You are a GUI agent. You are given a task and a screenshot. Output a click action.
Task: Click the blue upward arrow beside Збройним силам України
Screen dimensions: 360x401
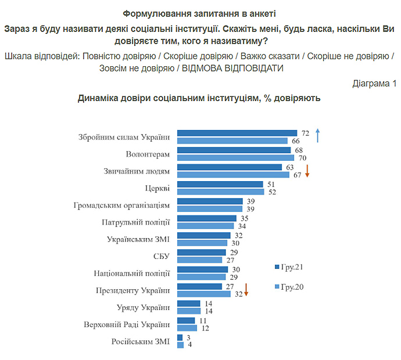coord(317,135)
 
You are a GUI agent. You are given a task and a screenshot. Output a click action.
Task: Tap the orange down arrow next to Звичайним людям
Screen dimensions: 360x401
coord(308,171)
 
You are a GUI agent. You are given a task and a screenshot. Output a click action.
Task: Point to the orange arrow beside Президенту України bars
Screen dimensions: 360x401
coord(246,290)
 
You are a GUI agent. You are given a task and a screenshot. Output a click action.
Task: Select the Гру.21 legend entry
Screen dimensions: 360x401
coord(289,268)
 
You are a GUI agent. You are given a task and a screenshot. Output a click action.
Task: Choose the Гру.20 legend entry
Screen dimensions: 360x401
coord(289,287)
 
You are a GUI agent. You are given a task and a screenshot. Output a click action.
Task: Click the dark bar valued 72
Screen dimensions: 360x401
coord(237,133)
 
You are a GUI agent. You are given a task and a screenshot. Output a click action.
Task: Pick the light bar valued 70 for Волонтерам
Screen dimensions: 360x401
coord(236,158)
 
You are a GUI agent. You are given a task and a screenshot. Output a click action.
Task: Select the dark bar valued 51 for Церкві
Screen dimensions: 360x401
coord(220,185)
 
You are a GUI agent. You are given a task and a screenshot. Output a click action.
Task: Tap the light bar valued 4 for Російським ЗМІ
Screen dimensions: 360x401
coord(180,345)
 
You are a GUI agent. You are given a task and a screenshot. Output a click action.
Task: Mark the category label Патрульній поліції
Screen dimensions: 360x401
coord(135,222)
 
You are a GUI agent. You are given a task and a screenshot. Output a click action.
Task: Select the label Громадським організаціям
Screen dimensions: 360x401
coord(122,205)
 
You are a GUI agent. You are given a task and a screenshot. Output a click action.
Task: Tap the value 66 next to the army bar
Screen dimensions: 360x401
coord(296,141)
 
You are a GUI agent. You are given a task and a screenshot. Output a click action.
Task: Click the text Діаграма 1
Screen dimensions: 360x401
coord(374,84)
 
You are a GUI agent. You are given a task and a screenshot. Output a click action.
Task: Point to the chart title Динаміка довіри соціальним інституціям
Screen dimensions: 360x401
coord(199,99)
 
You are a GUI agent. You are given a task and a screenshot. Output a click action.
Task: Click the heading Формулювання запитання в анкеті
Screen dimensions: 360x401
coord(200,13)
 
